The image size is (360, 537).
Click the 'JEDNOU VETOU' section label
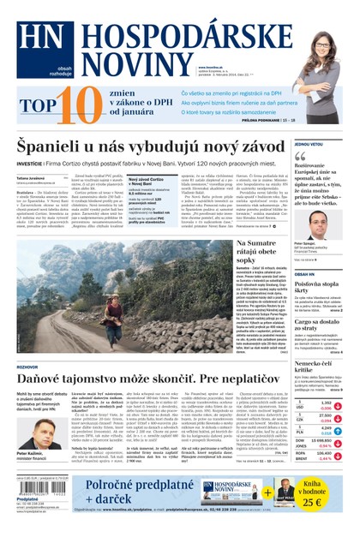click(x=309, y=145)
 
